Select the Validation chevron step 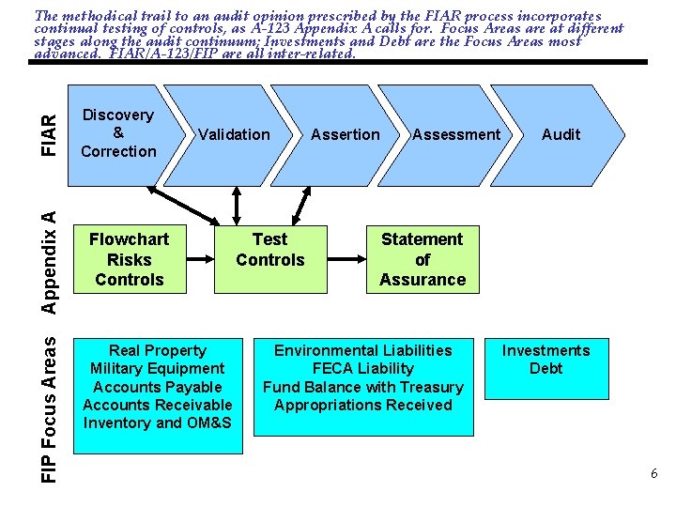(234, 134)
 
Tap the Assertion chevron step (346, 134)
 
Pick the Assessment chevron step (456, 134)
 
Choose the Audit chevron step (561, 134)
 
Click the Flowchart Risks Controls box (130, 259)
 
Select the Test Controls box (270, 250)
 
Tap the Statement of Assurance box (422, 259)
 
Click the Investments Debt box (545, 360)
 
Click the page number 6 (653, 474)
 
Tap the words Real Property (158, 350)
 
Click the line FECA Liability (363, 368)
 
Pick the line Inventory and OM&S (158, 422)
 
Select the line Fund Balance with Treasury (363, 387)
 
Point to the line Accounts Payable (158, 387)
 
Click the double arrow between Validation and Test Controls (236, 205)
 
